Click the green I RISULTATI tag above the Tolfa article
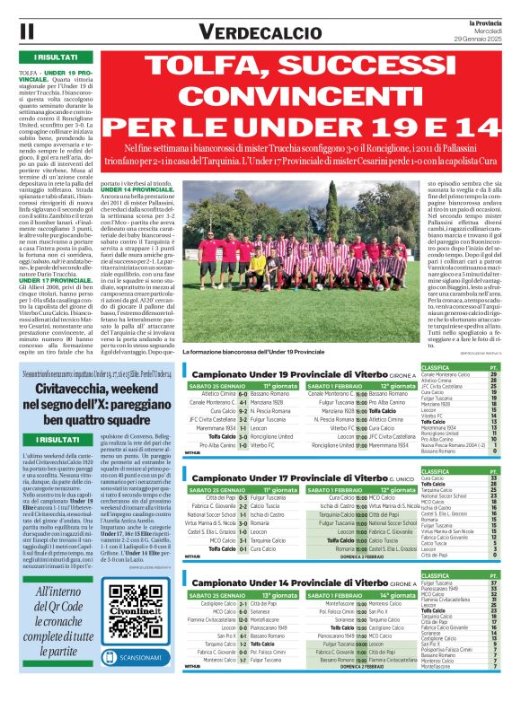point(42,57)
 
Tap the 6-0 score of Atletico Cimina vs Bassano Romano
point(243,392)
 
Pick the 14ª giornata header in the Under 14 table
point(396,595)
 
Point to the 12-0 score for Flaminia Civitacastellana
point(243,618)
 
